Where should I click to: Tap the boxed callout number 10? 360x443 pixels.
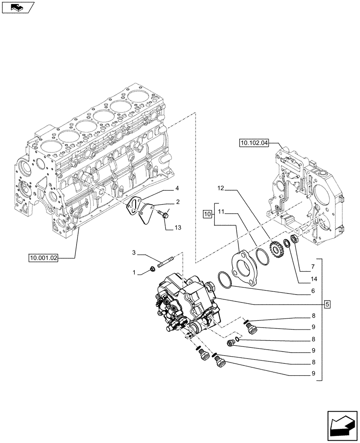click(207, 215)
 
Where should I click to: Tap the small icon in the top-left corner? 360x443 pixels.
click(18, 7)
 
